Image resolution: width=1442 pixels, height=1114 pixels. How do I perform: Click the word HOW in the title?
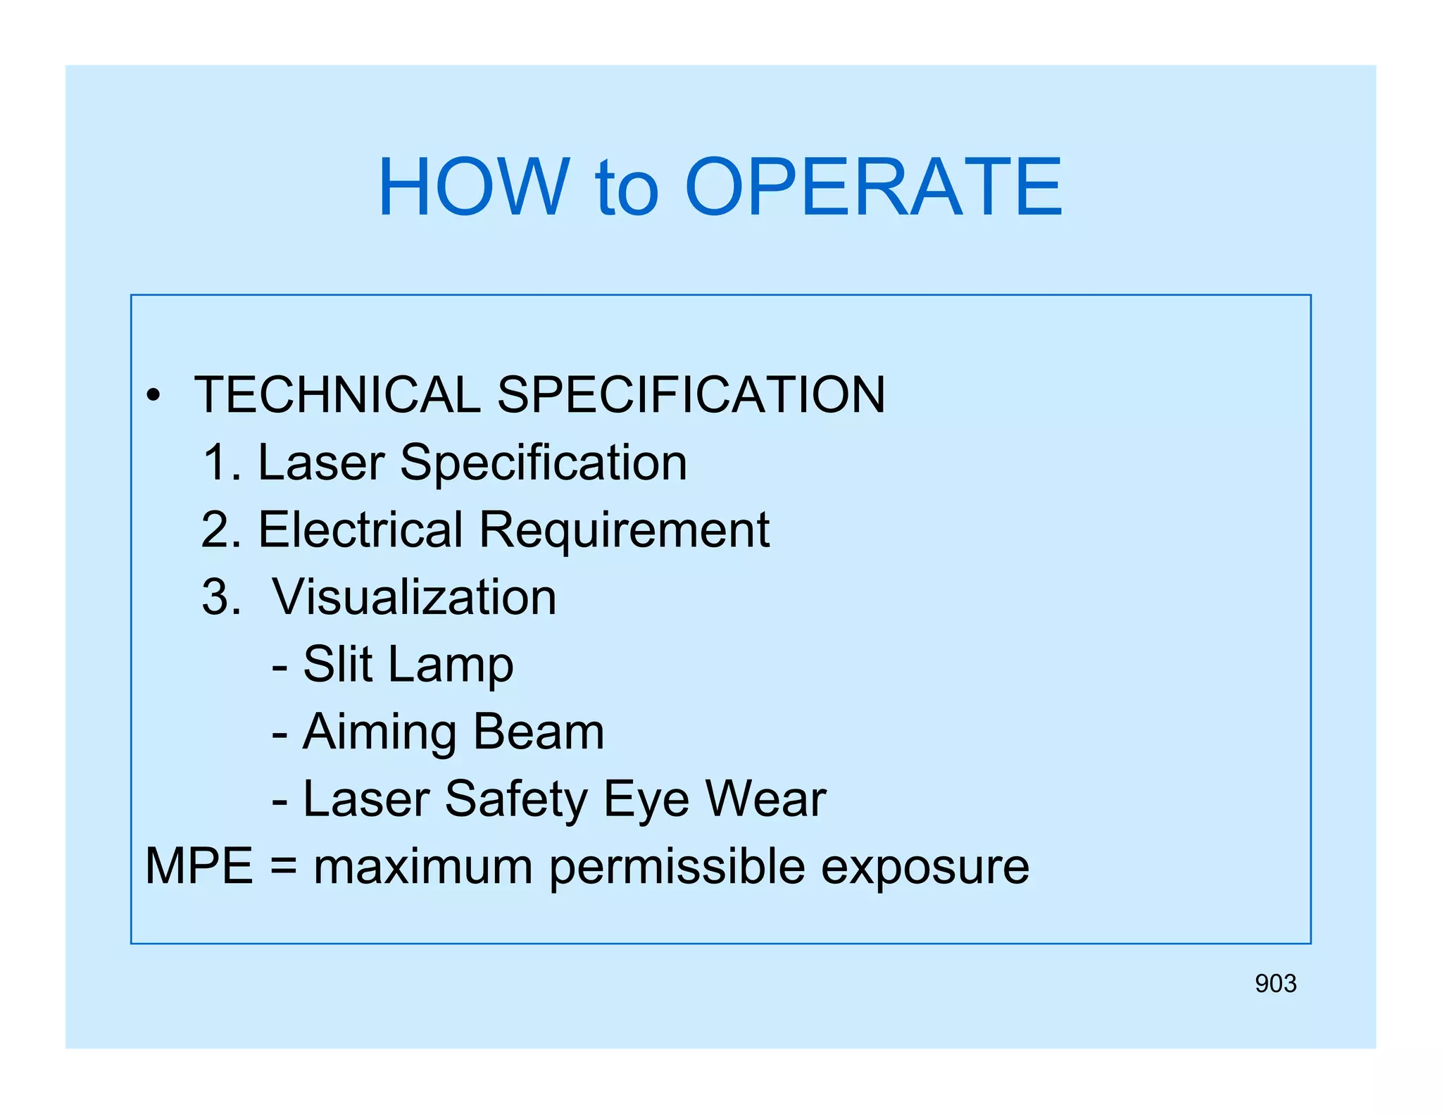tap(473, 187)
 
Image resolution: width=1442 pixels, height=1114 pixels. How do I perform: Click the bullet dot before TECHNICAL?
tap(153, 396)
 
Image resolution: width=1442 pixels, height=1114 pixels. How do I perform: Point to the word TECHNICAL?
tap(337, 394)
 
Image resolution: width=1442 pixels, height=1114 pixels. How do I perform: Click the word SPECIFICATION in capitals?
tap(691, 394)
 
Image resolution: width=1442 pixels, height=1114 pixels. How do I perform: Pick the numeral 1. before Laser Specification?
tap(221, 463)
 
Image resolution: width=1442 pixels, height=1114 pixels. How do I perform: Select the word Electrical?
tap(360, 530)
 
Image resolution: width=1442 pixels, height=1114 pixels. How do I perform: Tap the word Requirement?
tap(624, 531)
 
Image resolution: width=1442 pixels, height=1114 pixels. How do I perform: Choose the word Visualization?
tap(414, 597)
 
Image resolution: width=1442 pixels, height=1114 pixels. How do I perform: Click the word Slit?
tap(337, 663)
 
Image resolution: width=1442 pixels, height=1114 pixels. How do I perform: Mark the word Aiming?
tap(380, 732)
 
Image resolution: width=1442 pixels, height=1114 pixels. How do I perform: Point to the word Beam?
tap(539, 731)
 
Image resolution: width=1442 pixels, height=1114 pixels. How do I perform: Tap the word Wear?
tap(765, 799)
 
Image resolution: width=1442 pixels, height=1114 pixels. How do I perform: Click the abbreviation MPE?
tap(199, 865)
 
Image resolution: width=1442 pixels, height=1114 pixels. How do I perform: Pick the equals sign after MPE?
tap(283, 867)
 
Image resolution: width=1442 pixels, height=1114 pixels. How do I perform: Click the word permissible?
tap(677, 867)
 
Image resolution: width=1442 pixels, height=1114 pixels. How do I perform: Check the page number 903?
tap(1275, 983)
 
